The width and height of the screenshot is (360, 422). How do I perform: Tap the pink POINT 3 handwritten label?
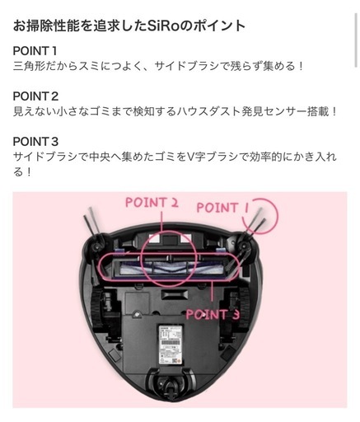click(x=213, y=314)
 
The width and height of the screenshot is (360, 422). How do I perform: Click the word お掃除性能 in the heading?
click(x=44, y=25)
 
